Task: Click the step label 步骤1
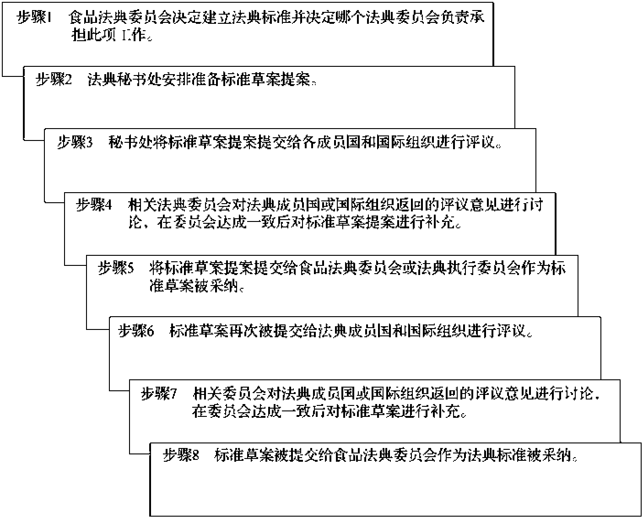click(34, 17)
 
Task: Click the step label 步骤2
click(54, 80)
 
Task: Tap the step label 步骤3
click(75, 142)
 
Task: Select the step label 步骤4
click(94, 205)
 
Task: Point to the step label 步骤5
click(116, 268)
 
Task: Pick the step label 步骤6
click(136, 331)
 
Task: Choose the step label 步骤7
click(159, 394)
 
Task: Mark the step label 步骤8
click(181, 456)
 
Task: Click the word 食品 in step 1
click(83, 17)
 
